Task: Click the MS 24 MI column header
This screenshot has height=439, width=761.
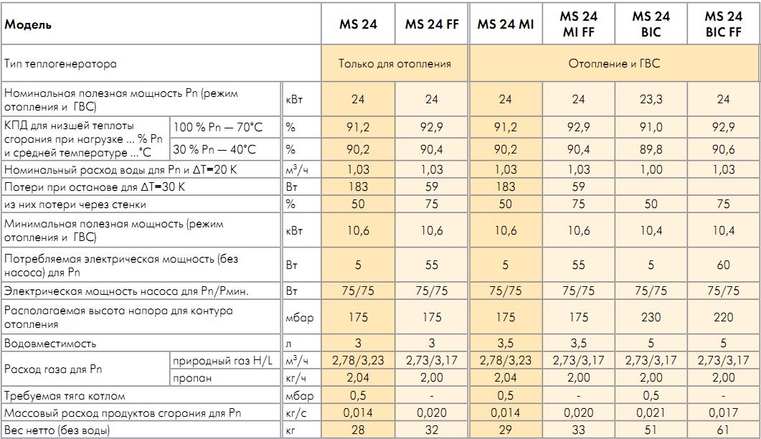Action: coord(506,24)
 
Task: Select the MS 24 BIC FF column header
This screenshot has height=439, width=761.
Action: coord(723,24)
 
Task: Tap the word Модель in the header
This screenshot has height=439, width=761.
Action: coord(28,24)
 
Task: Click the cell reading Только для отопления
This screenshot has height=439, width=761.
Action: coord(395,64)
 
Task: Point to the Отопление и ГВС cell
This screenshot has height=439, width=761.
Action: coord(614,64)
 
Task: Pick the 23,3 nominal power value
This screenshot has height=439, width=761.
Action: coord(651,100)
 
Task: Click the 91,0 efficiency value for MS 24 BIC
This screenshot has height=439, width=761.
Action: coord(651,128)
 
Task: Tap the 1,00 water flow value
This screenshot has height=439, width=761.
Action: coord(651,170)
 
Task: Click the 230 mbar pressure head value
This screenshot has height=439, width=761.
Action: coord(651,317)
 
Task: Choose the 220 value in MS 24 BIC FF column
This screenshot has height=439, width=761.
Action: coord(723,317)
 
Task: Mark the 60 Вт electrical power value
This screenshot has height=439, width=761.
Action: coord(723,265)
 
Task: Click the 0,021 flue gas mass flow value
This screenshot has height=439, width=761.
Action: coord(651,412)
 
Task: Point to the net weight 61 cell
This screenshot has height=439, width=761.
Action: coord(723,430)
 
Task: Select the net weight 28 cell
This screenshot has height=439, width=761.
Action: coord(359,430)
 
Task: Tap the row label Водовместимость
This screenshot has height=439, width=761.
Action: coord(50,344)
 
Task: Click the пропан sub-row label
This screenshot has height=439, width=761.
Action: coord(192,378)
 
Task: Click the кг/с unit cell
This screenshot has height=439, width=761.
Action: coord(294,412)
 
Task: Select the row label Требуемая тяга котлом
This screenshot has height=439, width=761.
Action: coord(65,395)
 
